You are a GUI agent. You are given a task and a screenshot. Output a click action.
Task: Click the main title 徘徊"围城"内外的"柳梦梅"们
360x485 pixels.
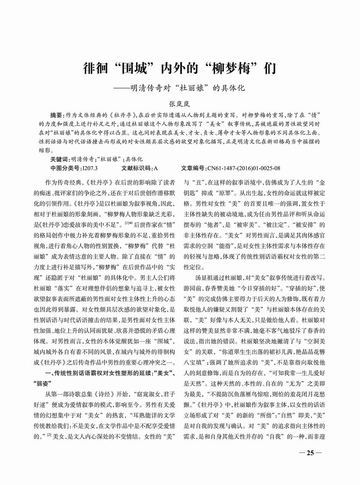click(x=179, y=69)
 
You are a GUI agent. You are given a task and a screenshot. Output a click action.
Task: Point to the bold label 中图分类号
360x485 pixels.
click(x=65, y=168)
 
